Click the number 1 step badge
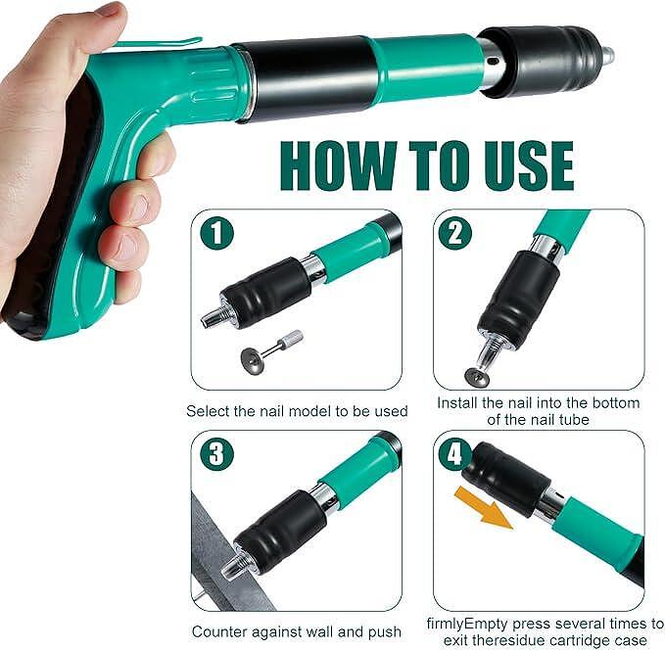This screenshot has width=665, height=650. click(216, 233)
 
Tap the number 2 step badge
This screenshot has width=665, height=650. click(455, 233)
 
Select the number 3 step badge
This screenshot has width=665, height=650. click(216, 453)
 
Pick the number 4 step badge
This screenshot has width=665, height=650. click(454, 454)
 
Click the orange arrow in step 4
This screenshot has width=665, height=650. click(484, 507)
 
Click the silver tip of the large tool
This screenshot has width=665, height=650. click(607, 56)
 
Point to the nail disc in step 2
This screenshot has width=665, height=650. click(477, 377)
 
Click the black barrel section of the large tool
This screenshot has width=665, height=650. click(309, 78)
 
